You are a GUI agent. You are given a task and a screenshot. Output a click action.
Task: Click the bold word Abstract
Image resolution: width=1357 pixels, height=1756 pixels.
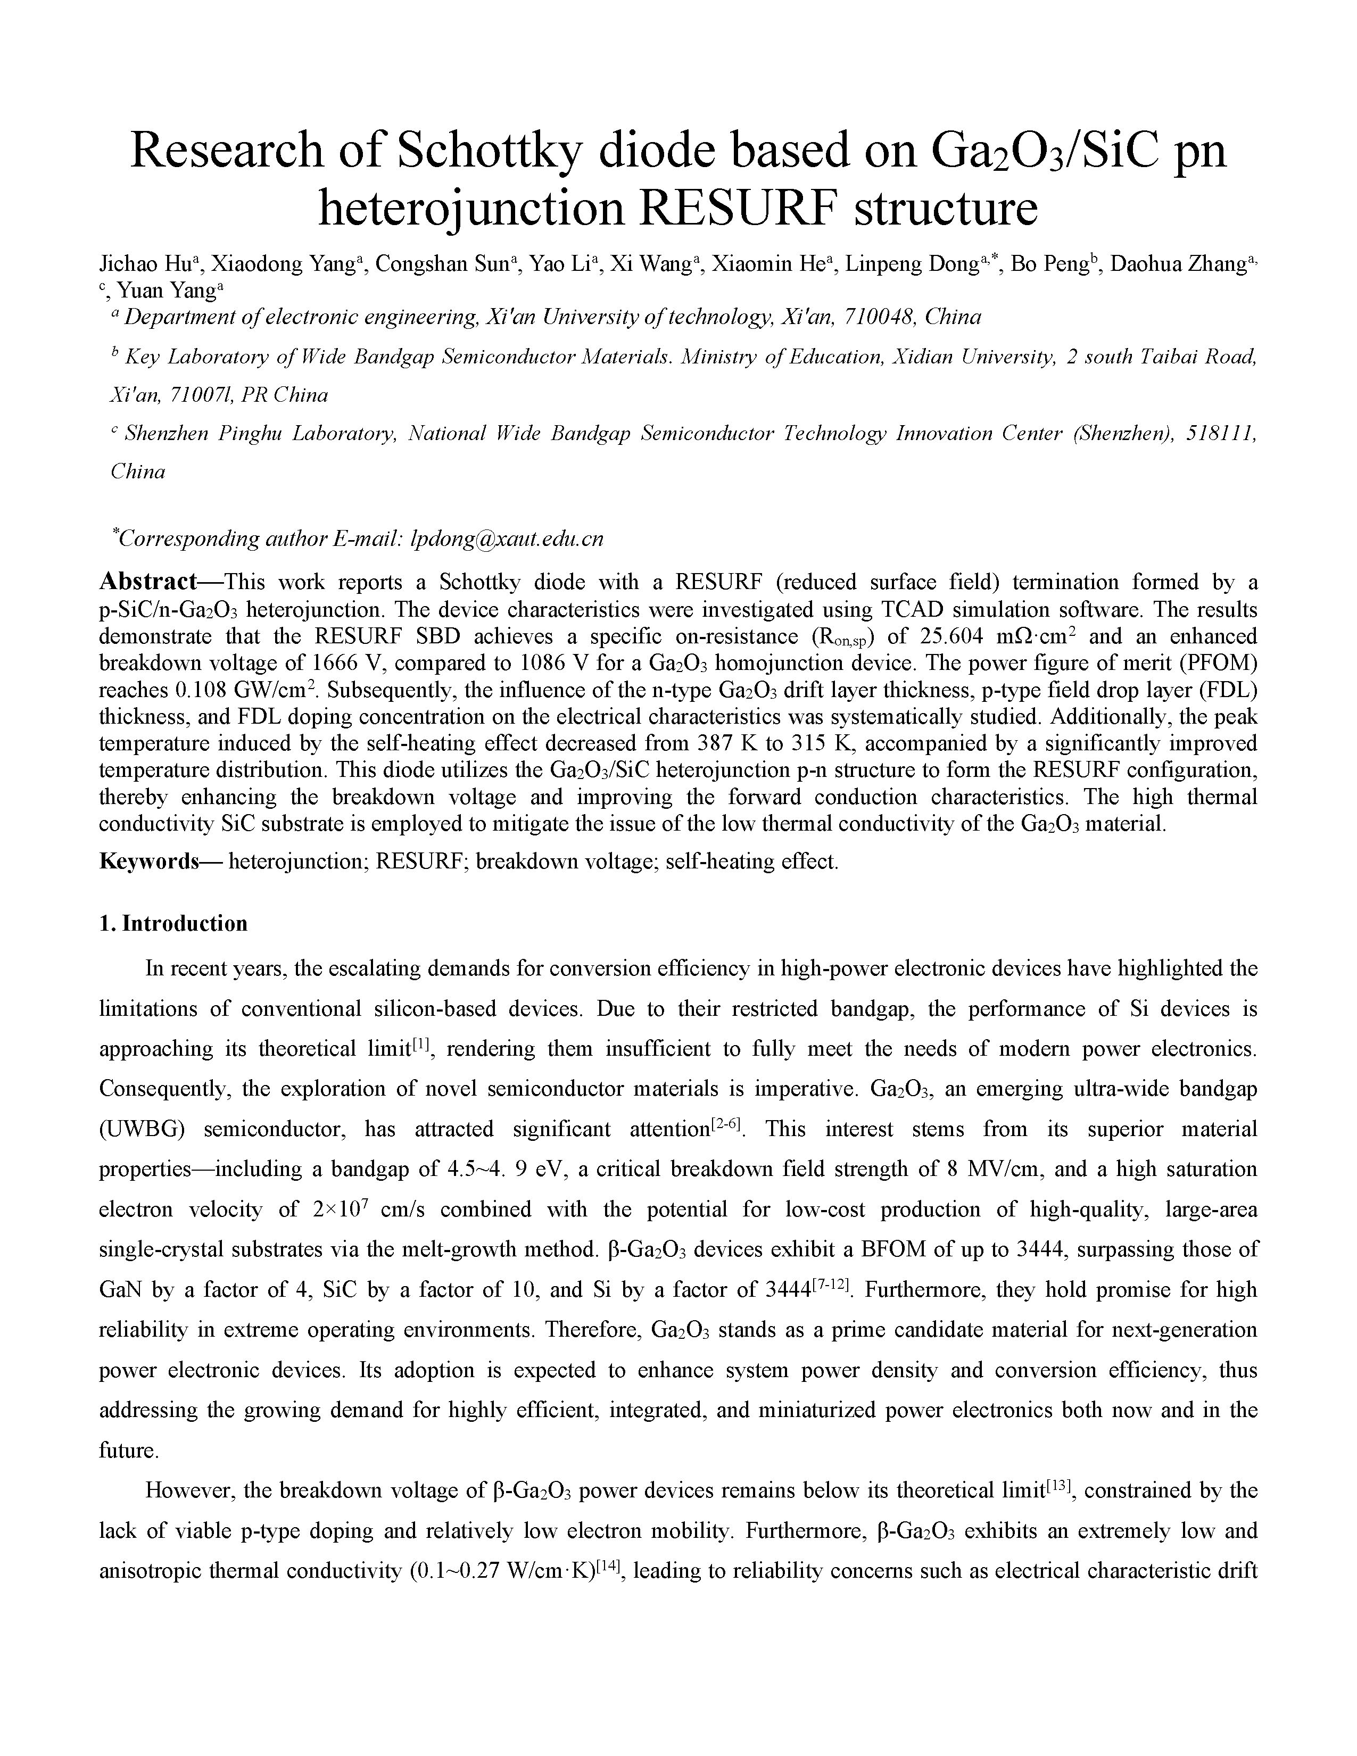coord(148,581)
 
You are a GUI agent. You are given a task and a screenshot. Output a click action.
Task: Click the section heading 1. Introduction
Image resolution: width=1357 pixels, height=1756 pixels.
coord(173,924)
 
